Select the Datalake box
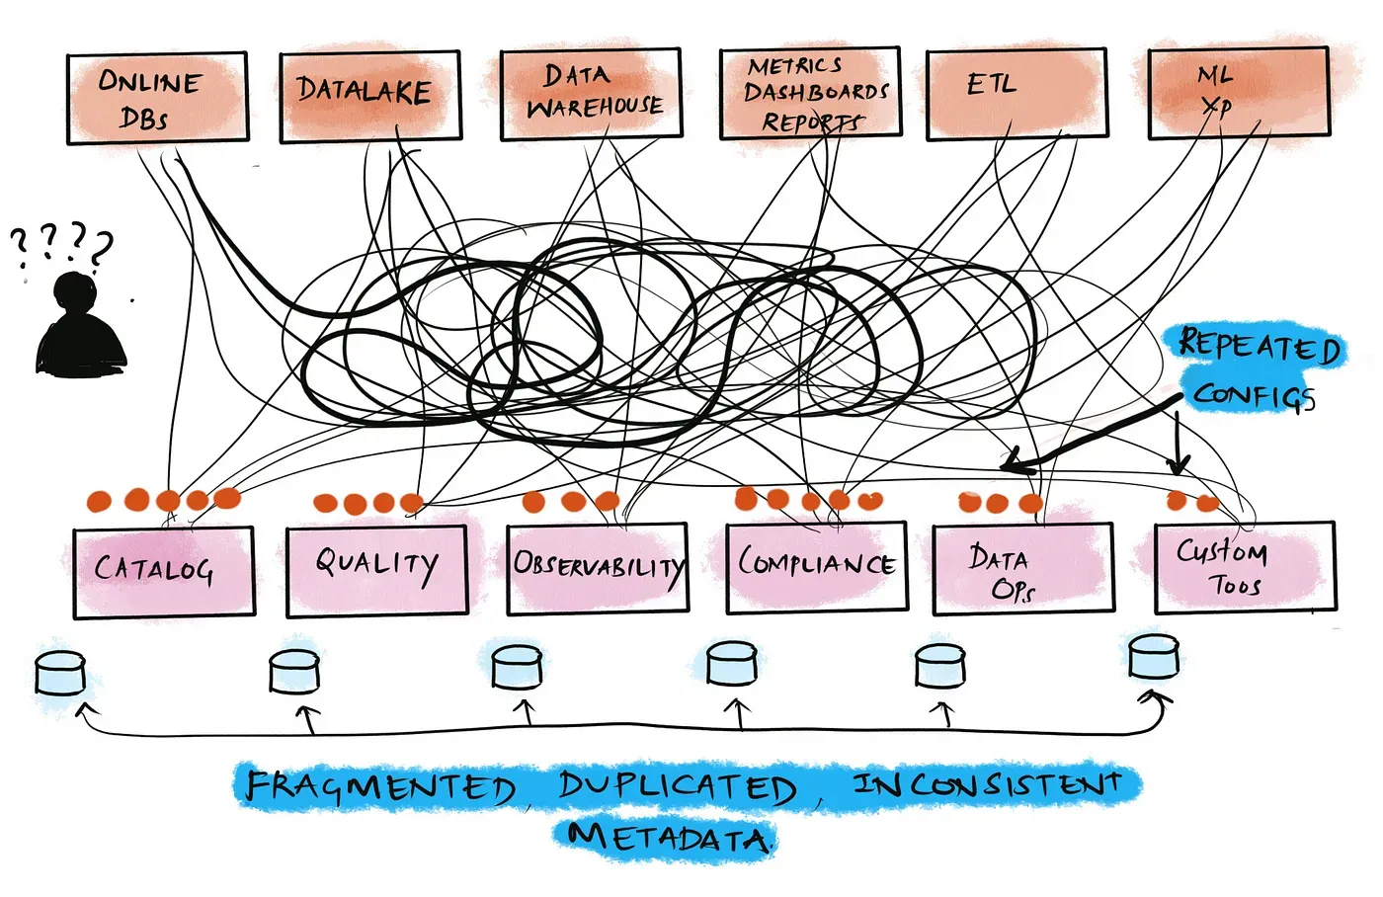click(369, 96)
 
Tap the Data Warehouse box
click(591, 93)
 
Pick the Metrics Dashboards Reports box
click(810, 92)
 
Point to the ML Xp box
click(1237, 92)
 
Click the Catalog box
click(163, 572)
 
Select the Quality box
click(376, 571)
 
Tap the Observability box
click(597, 568)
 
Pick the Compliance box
click(816, 567)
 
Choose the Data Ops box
click(1022, 569)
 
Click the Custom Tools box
click(1245, 567)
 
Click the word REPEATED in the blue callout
click(1259, 346)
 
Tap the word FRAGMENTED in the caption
click(380, 787)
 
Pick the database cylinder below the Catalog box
click(60, 674)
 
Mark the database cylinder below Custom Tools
click(1153, 657)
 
